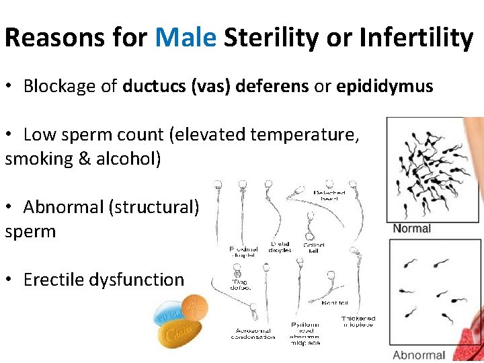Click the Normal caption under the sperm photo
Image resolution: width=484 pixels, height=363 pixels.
coord(411,229)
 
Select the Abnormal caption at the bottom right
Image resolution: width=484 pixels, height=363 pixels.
coord(419,355)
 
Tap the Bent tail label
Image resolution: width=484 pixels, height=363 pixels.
coord(335,303)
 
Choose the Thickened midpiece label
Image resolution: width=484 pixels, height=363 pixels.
coord(358,321)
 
